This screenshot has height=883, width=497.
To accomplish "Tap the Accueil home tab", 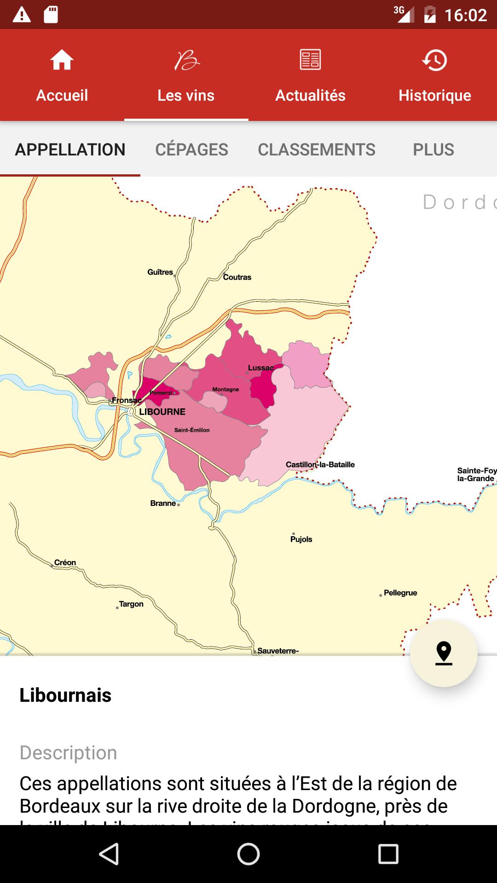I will pos(62,76).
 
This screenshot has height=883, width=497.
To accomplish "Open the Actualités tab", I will pos(310,76).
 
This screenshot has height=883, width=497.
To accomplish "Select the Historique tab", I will pos(434,76).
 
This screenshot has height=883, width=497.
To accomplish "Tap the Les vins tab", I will pos(186,76).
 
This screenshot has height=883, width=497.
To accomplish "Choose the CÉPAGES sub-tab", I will pos(191,149).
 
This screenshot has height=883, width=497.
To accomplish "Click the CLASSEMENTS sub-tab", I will pos(317,149).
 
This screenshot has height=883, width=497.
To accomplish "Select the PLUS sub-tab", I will pos(433,149).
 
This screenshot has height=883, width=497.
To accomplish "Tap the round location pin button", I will pos(444,654).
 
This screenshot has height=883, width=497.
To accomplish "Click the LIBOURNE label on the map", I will pos(162,412).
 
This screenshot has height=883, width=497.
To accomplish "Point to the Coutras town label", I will pos(237,277).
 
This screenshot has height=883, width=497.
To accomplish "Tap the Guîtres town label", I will pos(160,272).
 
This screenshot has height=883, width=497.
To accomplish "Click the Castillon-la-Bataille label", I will pos(320,464).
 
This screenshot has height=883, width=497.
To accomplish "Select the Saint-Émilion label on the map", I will pos(192,430).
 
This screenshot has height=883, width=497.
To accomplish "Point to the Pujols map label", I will pos(301,539).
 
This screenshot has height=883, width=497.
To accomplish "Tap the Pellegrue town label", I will pos(400,593).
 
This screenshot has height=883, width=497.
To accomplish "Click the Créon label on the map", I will pos(65,562).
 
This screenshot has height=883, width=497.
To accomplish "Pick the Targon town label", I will pos(131,604).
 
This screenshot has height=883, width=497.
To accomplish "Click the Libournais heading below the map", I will pos(65,695).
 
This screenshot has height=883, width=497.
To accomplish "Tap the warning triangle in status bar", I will pos(22,15).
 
